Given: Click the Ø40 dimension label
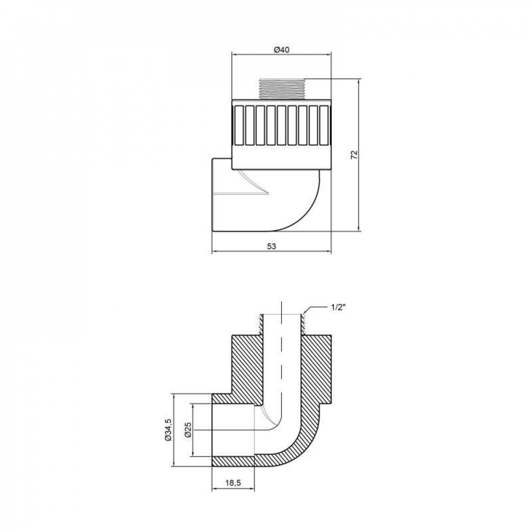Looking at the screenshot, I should click(281, 49).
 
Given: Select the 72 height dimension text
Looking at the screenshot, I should click(355, 155).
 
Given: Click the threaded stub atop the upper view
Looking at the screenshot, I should click(281, 89).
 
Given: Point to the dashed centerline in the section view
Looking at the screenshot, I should click(281, 362).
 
